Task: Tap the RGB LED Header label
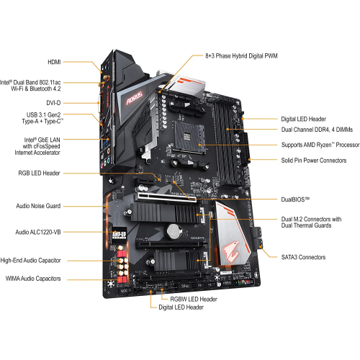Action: point(49,174)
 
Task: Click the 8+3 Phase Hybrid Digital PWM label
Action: point(242,55)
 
